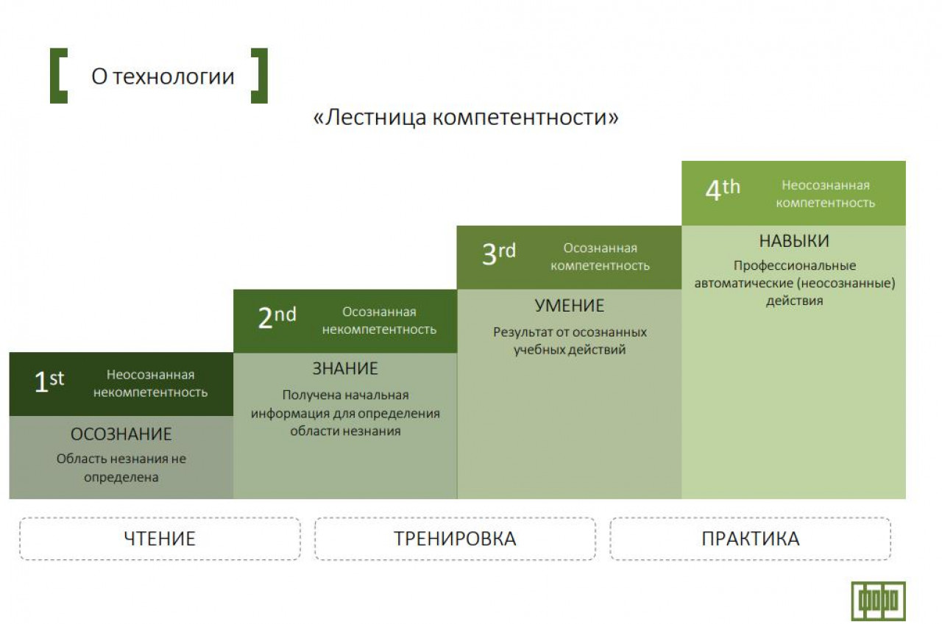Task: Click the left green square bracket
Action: click(x=54, y=76)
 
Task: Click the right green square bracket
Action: click(x=263, y=76)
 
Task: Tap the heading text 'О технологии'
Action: click(x=163, y=76)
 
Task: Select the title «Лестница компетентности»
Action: click(x=466, y=117)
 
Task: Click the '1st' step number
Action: click(x=49, y=381)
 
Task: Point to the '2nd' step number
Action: click(x=277, y=318)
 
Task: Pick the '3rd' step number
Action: click(x=499, y=254)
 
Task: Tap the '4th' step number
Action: click(x=723, y=190)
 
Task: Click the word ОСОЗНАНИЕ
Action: click(x=121, y=434)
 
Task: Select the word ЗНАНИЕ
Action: click(x=345, y=369)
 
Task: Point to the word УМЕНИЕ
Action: click(x=570, y=306)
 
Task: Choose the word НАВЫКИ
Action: click(x=794, y=241)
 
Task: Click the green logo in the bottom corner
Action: click(x=879, y=601)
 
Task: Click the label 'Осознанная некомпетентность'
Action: click(x=379, y=320)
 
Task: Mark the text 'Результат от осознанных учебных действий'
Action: click(x=570, y=341)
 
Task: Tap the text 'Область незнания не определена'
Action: click(x=121, y=467)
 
